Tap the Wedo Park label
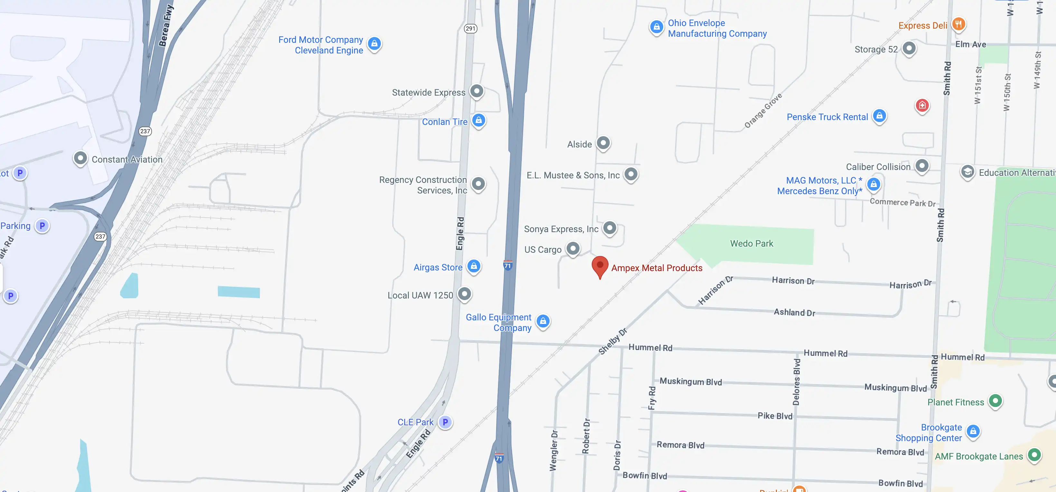point(751,243)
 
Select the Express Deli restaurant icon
point(958,24)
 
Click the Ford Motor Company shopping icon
point(374,43)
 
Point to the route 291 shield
point(470,28)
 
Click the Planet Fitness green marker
point(995,401)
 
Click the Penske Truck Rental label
point(827,117)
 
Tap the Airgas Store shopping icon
point(474,266)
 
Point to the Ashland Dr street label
point(794,312)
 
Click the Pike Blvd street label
point(774,416)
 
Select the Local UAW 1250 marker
point(464,294)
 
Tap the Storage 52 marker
point(909,48)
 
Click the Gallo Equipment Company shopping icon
point(543,321)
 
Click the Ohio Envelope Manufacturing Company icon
point(656,27)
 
